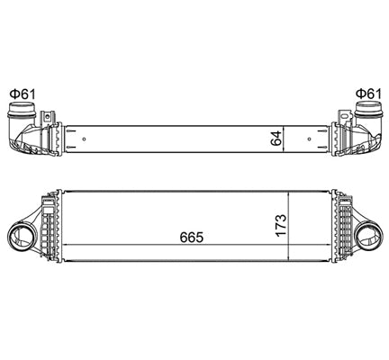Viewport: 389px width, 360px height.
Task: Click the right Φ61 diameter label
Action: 366,93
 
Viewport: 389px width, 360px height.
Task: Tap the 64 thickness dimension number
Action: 278,139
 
